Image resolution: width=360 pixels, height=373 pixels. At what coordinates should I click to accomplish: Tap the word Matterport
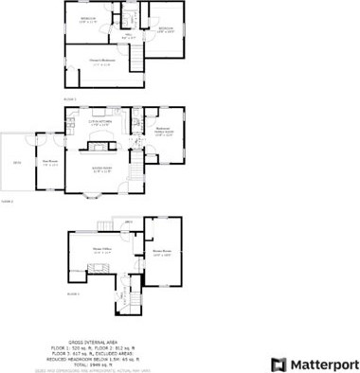317,363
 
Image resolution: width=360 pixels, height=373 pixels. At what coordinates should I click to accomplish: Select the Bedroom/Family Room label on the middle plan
163,132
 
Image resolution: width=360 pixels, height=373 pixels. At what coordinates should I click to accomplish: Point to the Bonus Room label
162,254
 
